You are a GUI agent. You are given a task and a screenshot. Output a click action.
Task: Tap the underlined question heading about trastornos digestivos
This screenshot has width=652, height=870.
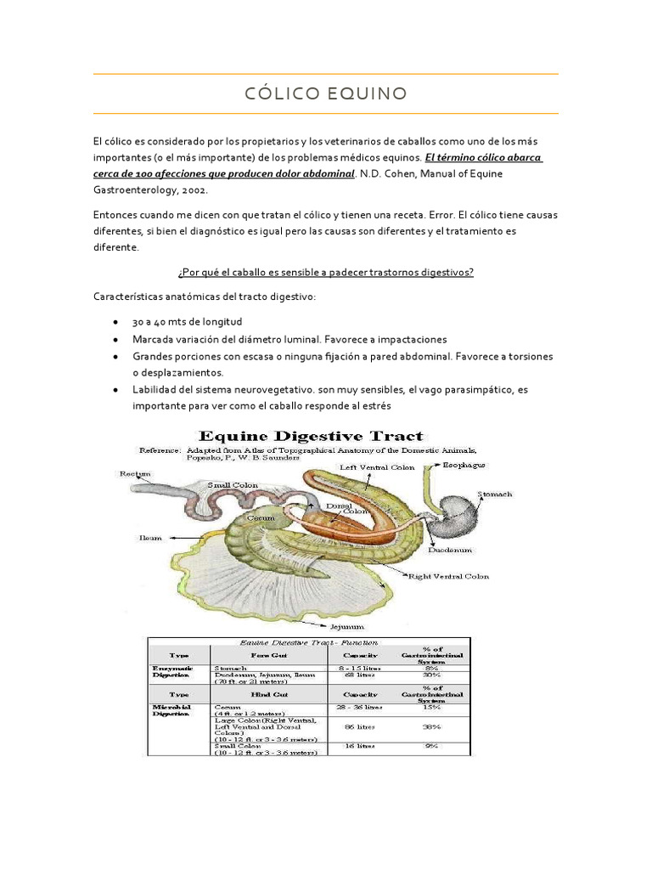pos(325,272)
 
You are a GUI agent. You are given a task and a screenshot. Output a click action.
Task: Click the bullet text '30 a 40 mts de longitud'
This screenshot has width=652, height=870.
pos(187,322)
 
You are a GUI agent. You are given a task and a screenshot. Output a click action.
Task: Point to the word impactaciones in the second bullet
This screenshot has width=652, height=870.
pos(411,339)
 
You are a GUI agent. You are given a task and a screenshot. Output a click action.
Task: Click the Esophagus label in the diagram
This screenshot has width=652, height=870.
pos(465,466)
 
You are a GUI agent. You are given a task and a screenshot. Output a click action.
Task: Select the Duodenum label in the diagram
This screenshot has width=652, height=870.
pos(450,550)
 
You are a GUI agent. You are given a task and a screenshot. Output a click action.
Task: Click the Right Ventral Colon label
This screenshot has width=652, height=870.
pos(448,576)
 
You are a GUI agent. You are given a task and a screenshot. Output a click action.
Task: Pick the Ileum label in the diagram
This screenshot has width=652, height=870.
pos(149,537)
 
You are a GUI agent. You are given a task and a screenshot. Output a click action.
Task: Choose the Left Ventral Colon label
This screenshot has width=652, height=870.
pos(377,467)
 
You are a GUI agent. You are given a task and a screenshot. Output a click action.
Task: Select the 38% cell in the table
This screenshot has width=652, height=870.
pos(431,727)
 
